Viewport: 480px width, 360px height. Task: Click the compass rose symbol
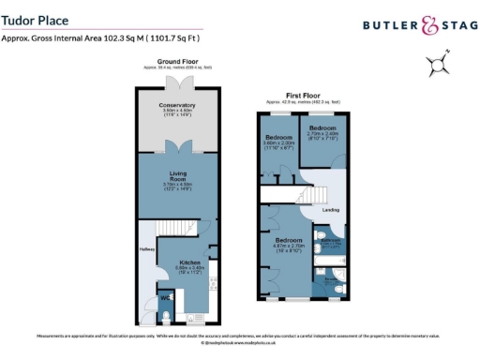(x=436, y=66)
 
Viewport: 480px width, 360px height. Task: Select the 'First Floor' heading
(x=304, y=96)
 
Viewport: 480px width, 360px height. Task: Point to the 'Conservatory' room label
(x=177, y=105)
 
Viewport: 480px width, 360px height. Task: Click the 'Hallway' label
(x=146, y=249)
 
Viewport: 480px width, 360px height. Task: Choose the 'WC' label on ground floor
(x=165, y=298)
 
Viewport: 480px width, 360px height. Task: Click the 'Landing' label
(x=330, y=209)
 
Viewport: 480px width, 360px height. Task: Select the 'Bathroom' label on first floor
(x=331, y=241)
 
